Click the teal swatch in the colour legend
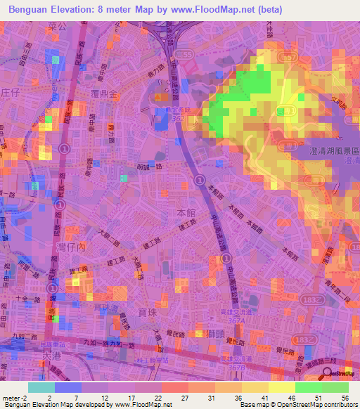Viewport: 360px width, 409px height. point(41,387)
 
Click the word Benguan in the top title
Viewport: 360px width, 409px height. point(28,9)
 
